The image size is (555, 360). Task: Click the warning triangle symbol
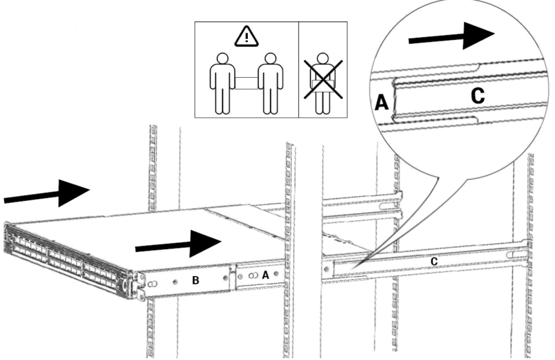246,39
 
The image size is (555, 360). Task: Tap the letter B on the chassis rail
195,280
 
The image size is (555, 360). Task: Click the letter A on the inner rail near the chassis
265,276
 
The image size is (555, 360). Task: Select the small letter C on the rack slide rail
434,261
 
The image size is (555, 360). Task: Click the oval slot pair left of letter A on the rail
252,277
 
